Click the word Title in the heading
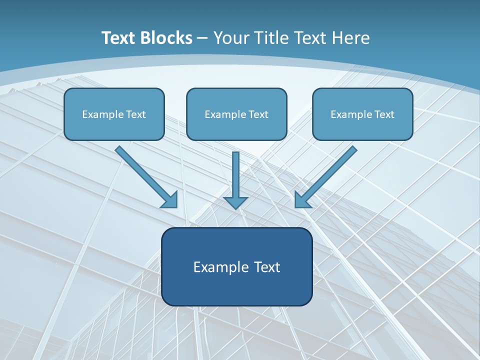[271, 38]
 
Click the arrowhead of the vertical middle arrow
[235, 202]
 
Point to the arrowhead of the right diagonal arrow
[302, 200]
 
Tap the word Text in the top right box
[384, 114]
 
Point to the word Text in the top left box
[136, 114]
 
